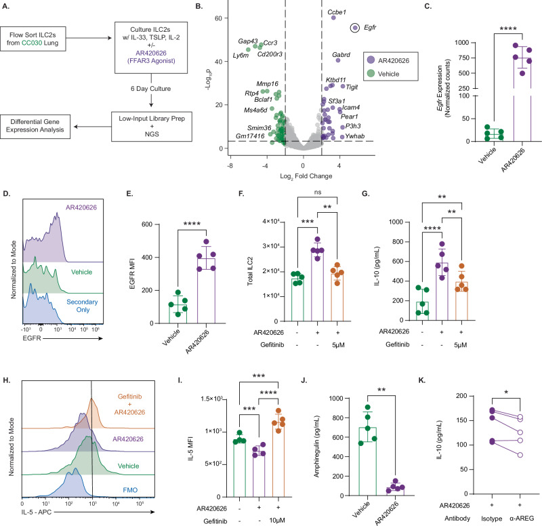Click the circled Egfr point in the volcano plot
[354, 28]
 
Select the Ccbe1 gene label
[336, 12]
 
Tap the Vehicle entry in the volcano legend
[388, 74]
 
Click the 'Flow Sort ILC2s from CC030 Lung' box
[33, 39]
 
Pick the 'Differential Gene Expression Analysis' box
[35, 127]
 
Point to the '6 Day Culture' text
[150, 89]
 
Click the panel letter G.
[365, 194]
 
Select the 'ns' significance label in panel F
[318, 193]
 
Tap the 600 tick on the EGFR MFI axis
[147, 224]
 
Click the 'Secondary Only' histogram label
[82, 306]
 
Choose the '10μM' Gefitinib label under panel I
[277, 521]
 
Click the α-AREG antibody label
[522, 519]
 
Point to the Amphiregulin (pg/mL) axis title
[316, 447]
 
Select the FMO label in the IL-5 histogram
[130, 490]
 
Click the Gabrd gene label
[341, 55]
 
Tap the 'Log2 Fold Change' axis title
[306, 176]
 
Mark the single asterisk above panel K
[506, 392]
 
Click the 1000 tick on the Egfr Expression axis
[461, 43]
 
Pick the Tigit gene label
[352, 87]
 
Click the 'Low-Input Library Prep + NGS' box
[152, 126]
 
